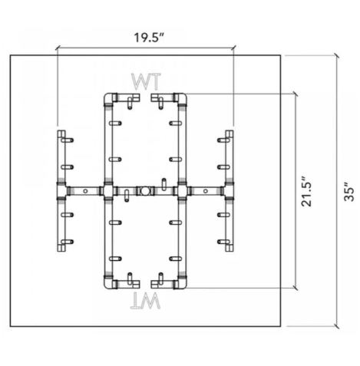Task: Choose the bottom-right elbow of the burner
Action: click(182, 282)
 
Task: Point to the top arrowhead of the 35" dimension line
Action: click(337, 56)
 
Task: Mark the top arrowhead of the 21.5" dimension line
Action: click(296, 94)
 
